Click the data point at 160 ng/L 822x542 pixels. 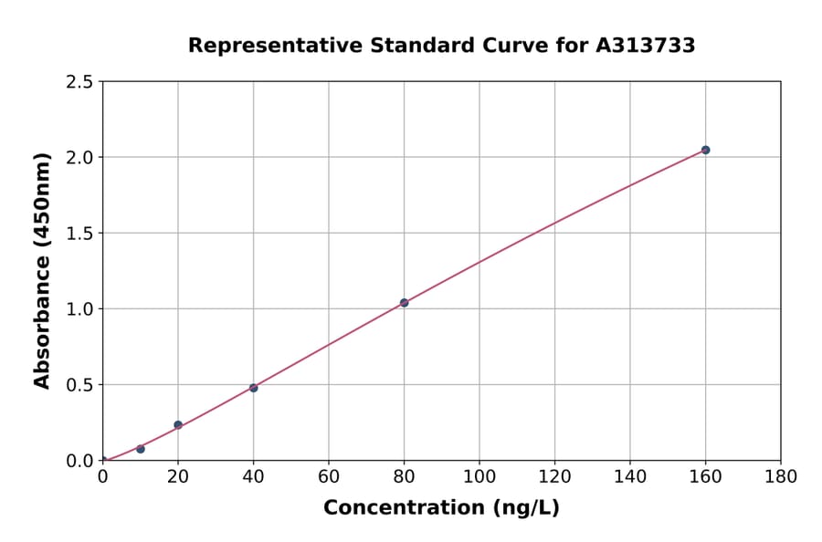pos(705,150)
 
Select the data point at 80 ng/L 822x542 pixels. pos(404,303)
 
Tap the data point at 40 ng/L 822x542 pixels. pos(253,388)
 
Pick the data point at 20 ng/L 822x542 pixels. pos(178,425)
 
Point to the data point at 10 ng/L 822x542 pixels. pos(141,449)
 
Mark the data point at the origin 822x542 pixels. pos(102,461)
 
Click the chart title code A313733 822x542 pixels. pos(645,46)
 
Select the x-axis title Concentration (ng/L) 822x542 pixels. pos(441,508)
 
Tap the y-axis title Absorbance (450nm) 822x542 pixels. pos(42,270)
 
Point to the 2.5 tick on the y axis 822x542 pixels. pos(79,82)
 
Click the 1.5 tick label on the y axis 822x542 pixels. pos(79,234)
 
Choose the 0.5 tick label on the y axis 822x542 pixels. pos(79,385)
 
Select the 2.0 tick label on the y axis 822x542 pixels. pos(79,158)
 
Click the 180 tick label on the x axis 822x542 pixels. pos(781,476)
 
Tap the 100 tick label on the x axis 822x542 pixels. pos(479,476)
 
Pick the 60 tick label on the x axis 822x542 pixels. pos(329,476)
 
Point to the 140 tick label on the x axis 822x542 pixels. pos(630,476)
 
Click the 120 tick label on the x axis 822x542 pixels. pos(554,476)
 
